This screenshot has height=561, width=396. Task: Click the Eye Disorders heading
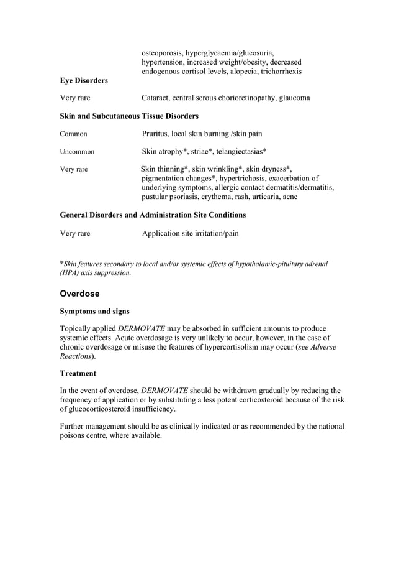pos(83,81)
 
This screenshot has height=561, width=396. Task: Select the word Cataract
pos(157,98)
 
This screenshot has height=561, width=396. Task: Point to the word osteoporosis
pos(163,53)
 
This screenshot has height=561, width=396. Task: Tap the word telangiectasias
pos(237,151)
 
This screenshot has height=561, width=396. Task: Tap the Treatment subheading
pos(78,374)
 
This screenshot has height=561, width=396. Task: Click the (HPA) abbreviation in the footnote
pos(69,272)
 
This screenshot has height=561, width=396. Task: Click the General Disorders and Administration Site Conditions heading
pos(153,215)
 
